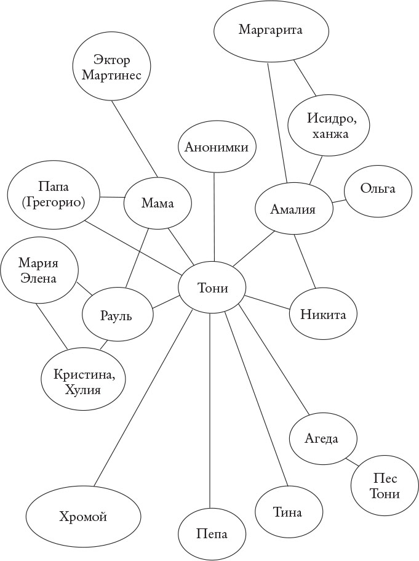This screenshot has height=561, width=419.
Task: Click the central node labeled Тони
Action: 212,288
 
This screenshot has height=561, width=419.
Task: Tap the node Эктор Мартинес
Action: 113,67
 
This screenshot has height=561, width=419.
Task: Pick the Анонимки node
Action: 217,147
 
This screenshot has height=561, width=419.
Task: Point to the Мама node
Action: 158,203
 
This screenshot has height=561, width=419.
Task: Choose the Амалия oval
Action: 293,209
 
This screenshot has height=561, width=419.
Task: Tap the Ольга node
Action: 378,190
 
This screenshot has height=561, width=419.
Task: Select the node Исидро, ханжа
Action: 329,125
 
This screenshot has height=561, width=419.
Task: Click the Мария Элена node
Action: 39,270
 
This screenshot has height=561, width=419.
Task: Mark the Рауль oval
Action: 117,315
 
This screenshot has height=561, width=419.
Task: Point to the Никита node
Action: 323,314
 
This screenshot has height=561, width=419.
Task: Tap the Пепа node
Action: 212,533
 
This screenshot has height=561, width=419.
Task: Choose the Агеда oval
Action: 322,438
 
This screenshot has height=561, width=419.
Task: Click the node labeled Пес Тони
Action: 386,486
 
